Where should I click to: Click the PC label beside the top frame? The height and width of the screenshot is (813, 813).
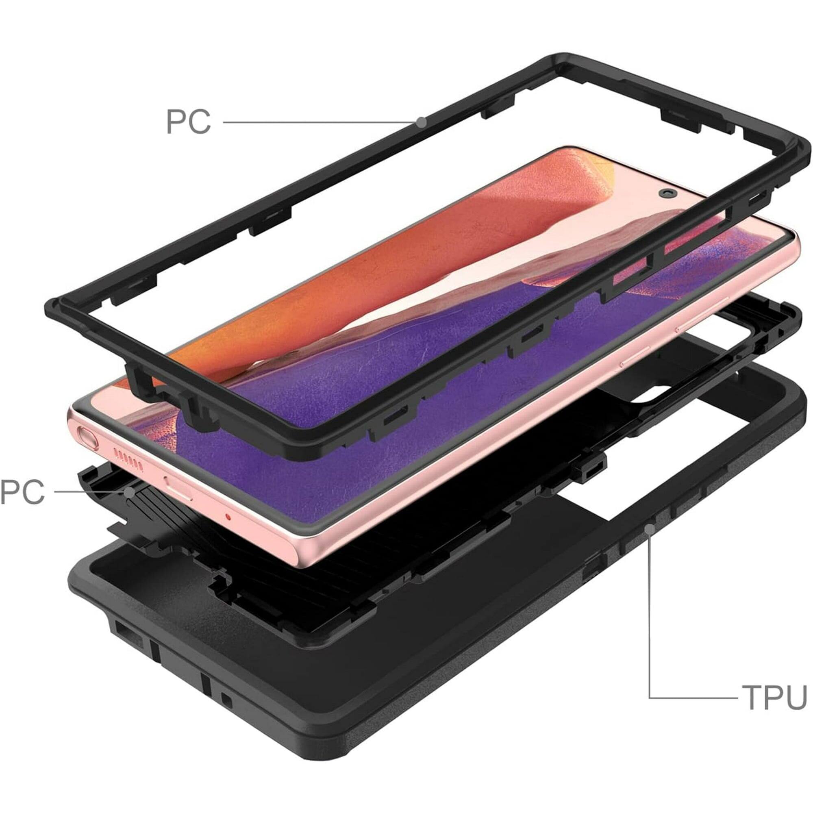188,122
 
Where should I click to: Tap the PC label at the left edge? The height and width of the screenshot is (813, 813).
22,492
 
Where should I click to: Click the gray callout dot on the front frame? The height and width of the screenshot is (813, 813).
421,122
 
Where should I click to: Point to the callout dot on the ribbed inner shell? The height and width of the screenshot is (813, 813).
129,492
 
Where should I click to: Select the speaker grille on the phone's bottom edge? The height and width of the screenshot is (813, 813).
130,460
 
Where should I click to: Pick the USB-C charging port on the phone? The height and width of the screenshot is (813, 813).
179,489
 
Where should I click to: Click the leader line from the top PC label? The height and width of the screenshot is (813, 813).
320,122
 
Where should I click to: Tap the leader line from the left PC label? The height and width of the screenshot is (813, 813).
88,492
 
